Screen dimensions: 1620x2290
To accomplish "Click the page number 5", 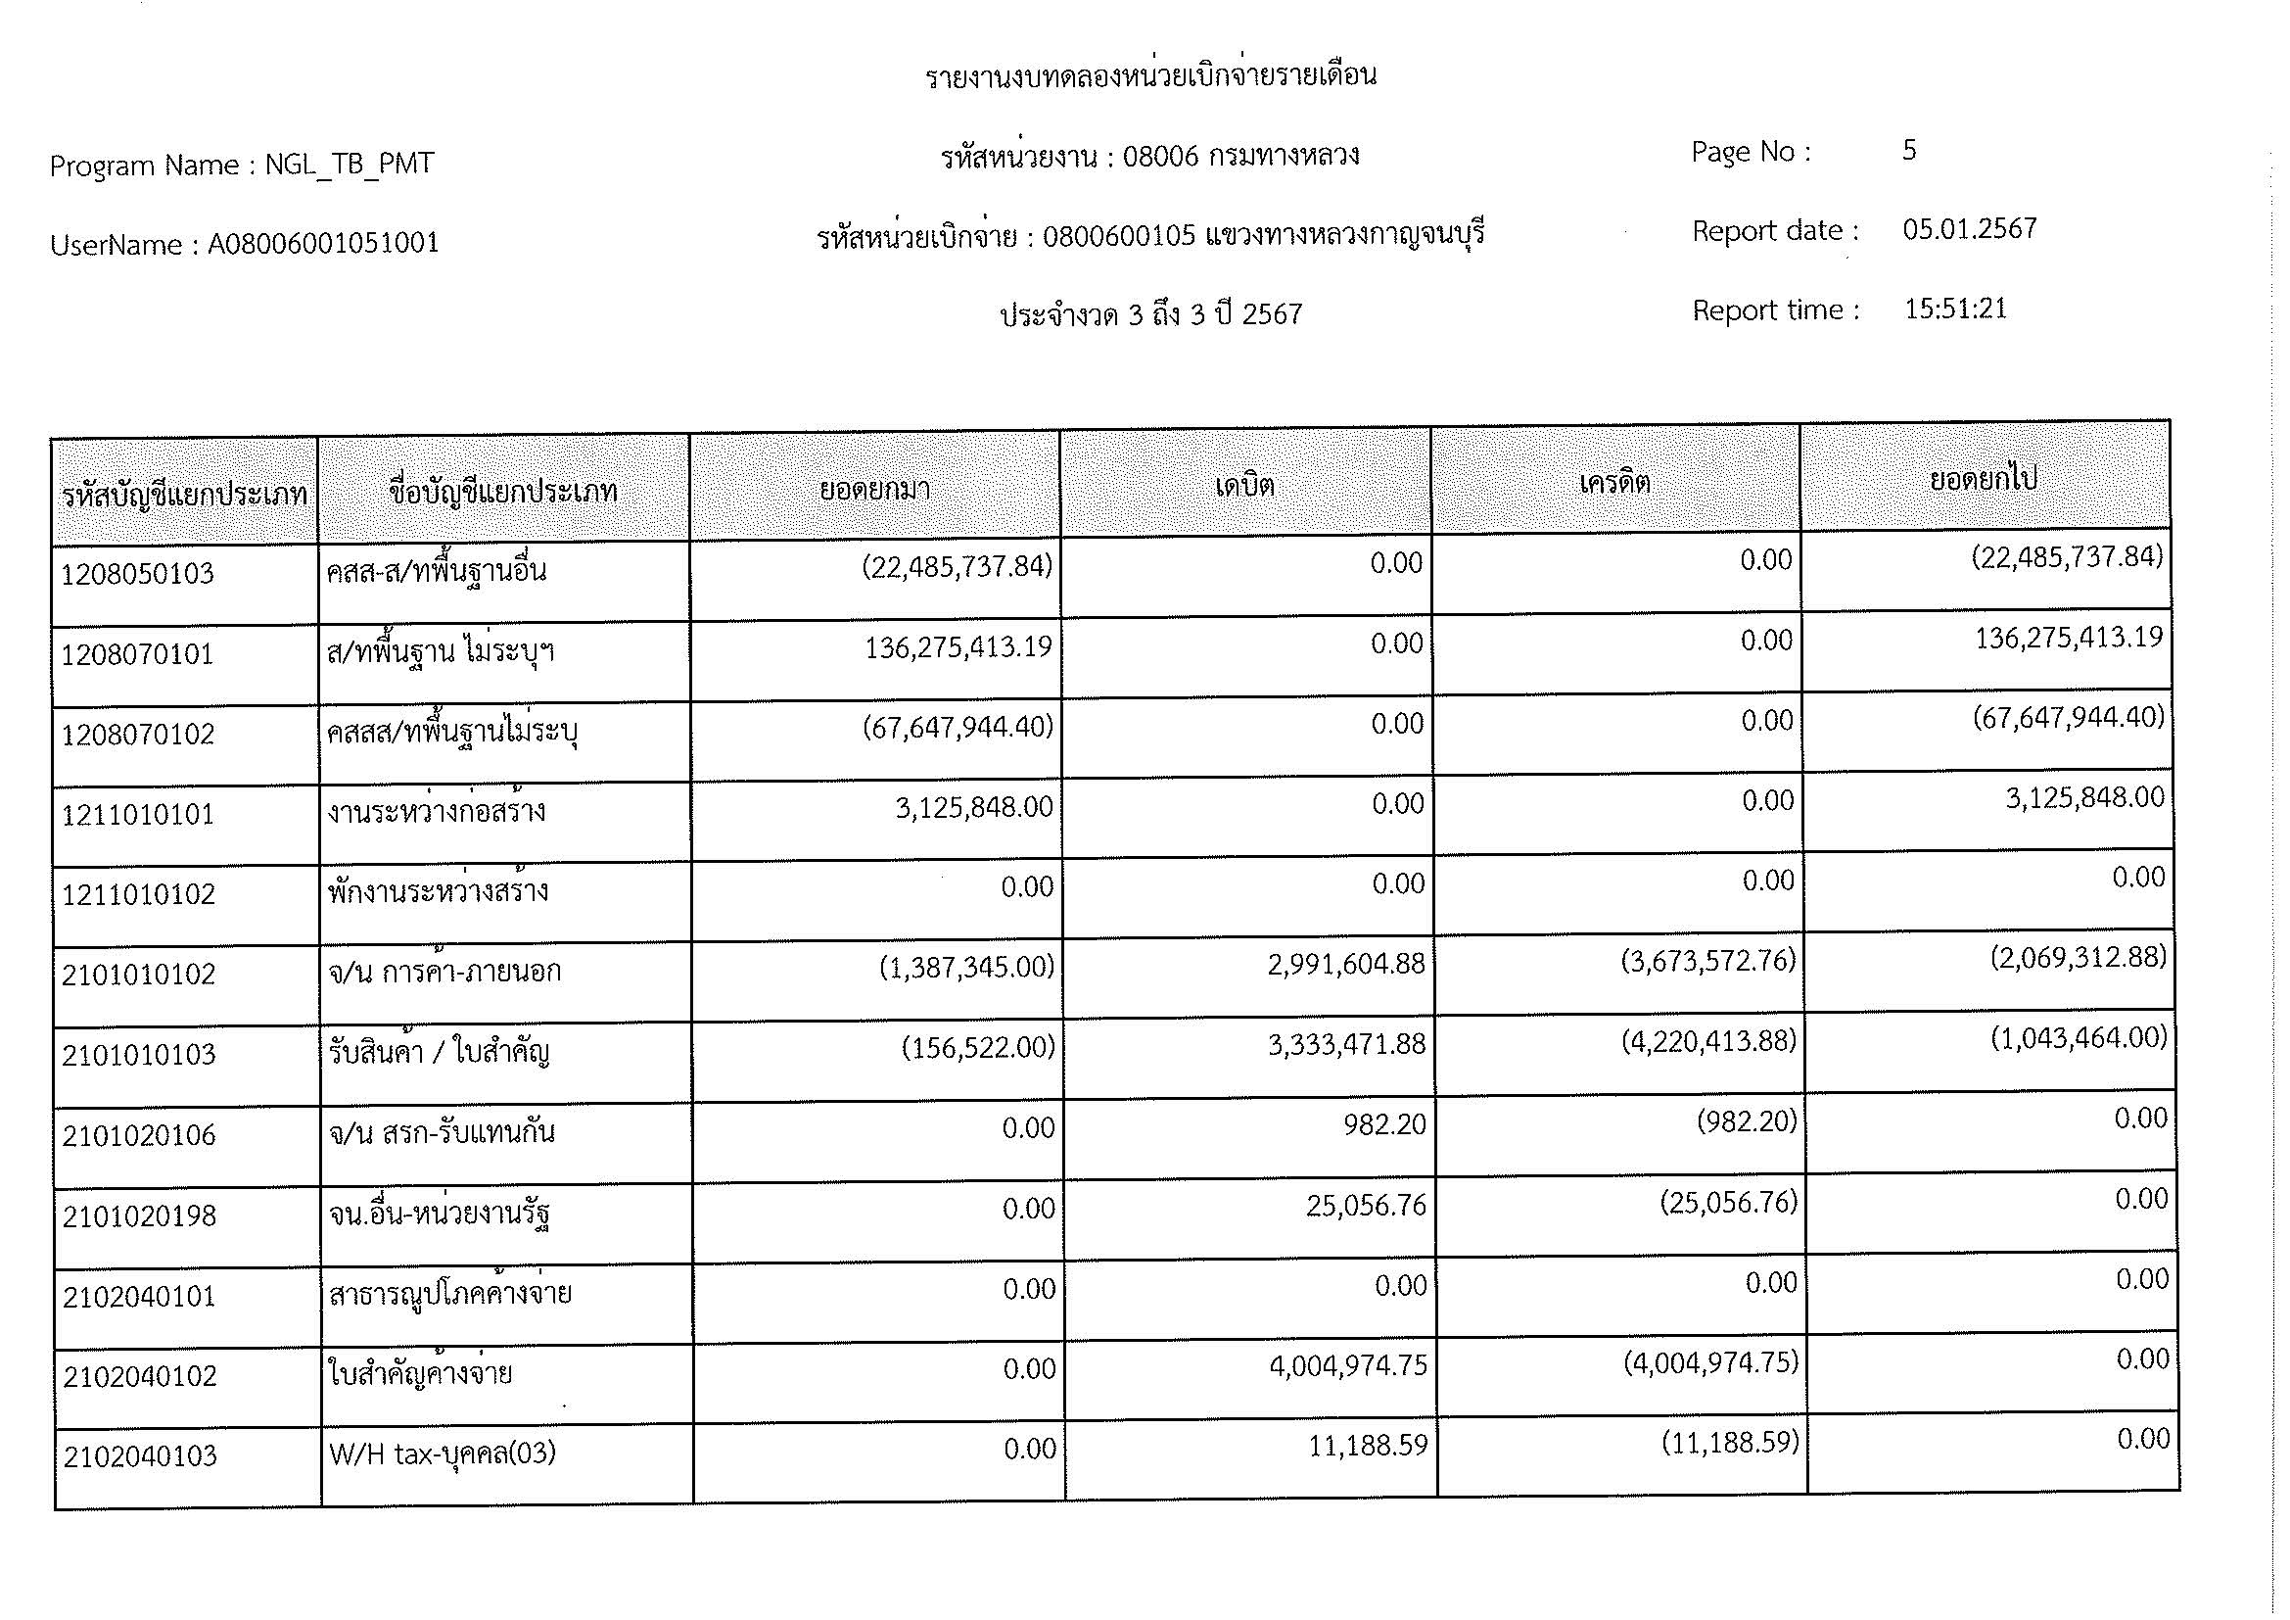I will click(1909, 151).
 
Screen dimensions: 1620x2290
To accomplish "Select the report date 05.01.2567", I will click(1969, 229).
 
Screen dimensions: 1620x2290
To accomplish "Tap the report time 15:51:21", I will click(1955, 309).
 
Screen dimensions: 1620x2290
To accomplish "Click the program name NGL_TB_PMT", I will click(350, 164).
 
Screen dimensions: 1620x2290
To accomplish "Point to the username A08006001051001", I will click(323, 244).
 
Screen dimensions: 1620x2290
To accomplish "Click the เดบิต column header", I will click(1244, 486).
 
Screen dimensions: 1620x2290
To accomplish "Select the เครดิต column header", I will click(1614, 483).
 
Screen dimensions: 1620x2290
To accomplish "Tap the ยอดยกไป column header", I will click(1984, 480).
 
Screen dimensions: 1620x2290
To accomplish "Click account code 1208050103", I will click(138, 574).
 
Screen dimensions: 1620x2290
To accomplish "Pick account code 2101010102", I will click(139, 974).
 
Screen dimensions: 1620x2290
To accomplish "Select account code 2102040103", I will click(141, 1456).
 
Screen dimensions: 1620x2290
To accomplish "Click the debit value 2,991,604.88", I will click(1346, 965).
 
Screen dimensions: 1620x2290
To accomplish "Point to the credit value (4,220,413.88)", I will click(1708, 1041).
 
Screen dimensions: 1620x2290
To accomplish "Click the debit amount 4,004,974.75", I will click(1348, 1365).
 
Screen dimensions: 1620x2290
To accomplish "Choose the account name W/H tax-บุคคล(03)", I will click(443, 1453).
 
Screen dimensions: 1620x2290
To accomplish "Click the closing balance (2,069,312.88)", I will click(2079, 958).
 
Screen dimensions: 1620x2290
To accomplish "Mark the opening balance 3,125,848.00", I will click(973, 807).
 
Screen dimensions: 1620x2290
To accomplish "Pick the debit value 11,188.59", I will click(1368, 1446).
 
